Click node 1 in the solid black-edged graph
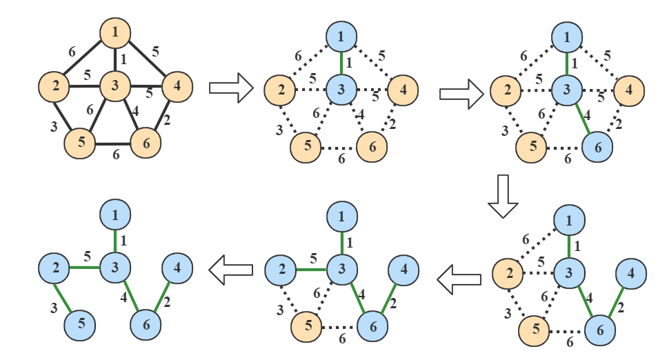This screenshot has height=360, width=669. (115, 32)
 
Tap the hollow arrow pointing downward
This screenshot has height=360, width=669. (502, 195)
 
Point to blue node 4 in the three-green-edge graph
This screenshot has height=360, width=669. (630, 273)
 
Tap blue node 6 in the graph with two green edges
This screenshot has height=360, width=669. (597, 147)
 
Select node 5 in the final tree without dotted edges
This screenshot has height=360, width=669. (81, 323)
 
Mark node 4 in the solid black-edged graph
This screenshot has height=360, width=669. (177, 87)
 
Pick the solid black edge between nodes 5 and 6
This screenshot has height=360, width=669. (113, 143)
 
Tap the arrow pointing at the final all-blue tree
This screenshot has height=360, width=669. (228, 270)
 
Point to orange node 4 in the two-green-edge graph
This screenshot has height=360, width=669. (628, 90)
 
